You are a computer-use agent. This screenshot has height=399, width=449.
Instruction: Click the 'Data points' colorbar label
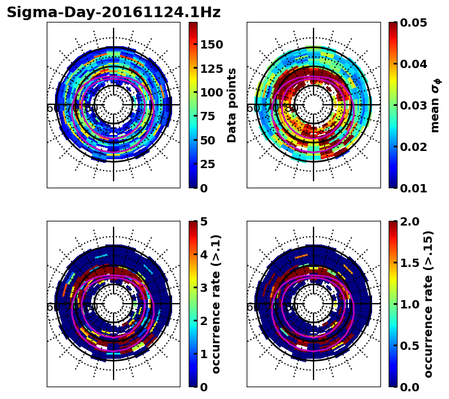(x=232, y=105)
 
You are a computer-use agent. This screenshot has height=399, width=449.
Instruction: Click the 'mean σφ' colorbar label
(x=436, y=105)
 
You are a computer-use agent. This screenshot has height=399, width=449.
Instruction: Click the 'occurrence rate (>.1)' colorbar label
(x=216, y=304)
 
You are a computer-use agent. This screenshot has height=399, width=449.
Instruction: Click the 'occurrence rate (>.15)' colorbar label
(x=428, y=304)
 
